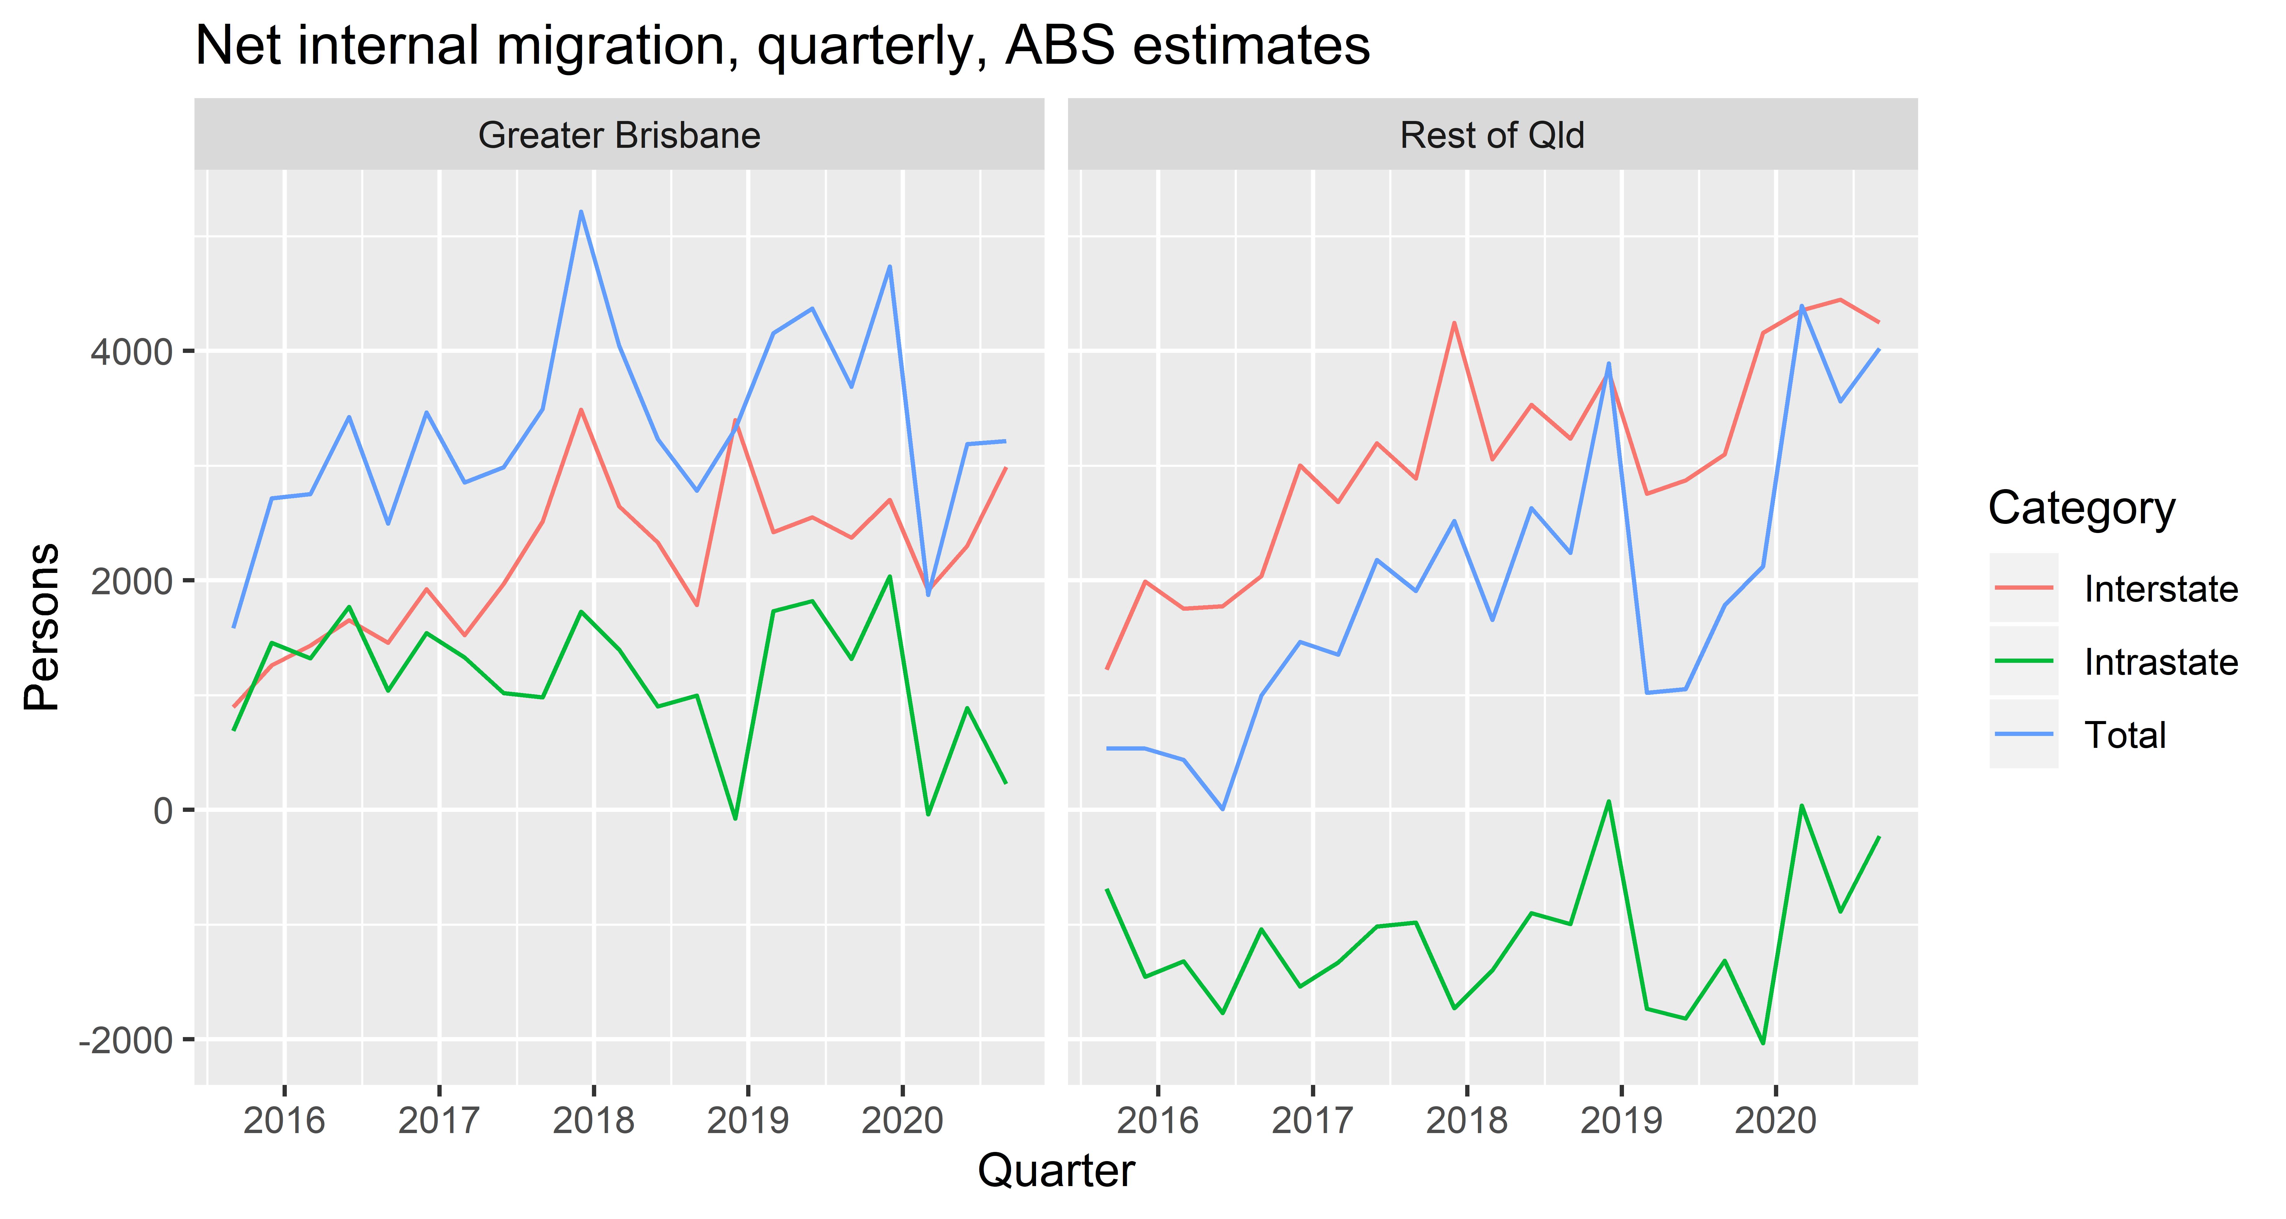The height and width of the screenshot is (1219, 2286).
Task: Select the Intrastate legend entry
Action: pyautogui.click(x=2160, y=662)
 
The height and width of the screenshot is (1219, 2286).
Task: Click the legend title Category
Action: pyautogui.click(x=2081, y=508)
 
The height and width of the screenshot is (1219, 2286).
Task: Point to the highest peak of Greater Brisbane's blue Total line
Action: pyautogui.click(x=580, y=211)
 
